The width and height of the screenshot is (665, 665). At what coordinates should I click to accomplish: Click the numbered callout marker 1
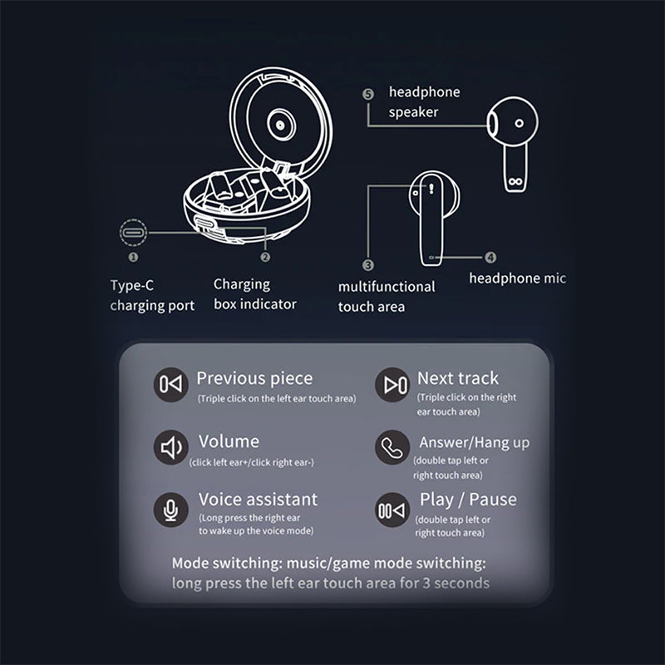click(x=133, y=257)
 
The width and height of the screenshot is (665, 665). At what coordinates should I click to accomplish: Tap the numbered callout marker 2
click(x=265, y=257)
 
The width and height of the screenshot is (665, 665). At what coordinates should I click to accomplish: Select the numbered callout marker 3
click(x=368, y=265)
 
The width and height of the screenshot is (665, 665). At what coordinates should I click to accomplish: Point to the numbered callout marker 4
click(x=490, y=257)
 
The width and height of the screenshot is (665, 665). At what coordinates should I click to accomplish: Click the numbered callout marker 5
click(x=368, y=94)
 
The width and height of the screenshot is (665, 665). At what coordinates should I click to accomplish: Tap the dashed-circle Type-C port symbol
click(x=133, y=233)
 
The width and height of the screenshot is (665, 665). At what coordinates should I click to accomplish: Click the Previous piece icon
click(x=171, y=385)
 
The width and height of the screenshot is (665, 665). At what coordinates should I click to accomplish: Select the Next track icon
click(x=392, y=385)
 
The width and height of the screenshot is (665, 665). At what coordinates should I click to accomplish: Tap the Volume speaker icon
click(x=171, y=447)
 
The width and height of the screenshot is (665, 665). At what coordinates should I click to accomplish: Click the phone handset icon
click(x=392, y=447)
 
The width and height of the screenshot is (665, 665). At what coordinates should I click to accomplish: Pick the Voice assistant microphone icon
click(x=171, y=510)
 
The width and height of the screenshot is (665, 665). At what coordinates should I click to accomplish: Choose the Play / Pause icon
click(x=392, y=510)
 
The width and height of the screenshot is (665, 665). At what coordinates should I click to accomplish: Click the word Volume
click(x=229, y=441)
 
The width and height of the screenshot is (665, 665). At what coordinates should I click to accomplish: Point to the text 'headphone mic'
click(x=517, y=278)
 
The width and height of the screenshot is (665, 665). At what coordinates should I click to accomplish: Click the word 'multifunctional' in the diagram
click(x=387, y=287)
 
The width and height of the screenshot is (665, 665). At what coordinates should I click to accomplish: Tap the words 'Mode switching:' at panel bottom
click(x=227, y=564)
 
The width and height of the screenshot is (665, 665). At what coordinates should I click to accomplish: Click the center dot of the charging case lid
click(x=280, y=125)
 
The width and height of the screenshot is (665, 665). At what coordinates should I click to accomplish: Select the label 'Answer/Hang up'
click(x=475, y=443)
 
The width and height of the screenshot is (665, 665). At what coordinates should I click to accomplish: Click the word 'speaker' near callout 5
click(x=413, y=112)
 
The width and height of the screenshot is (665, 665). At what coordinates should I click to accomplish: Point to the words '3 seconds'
click(x=456, y=584)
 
